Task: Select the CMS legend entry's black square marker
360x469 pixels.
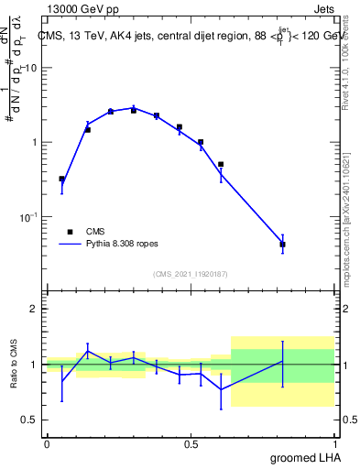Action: tap(68, 232)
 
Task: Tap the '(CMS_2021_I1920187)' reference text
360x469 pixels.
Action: tap(191, 273)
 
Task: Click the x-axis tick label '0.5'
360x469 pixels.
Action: tap(191, 443)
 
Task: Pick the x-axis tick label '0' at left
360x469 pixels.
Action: tap(47, 443)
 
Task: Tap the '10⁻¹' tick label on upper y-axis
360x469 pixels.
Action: tap(29, 216)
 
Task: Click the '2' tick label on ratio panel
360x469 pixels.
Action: tap(34, 309)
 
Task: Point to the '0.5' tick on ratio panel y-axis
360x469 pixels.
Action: tap(30, 420)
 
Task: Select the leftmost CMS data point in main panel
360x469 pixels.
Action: tap(61, 180)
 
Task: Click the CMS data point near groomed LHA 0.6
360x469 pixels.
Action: tap(221, 164)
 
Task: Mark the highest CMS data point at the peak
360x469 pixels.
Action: tap(134, 110)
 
